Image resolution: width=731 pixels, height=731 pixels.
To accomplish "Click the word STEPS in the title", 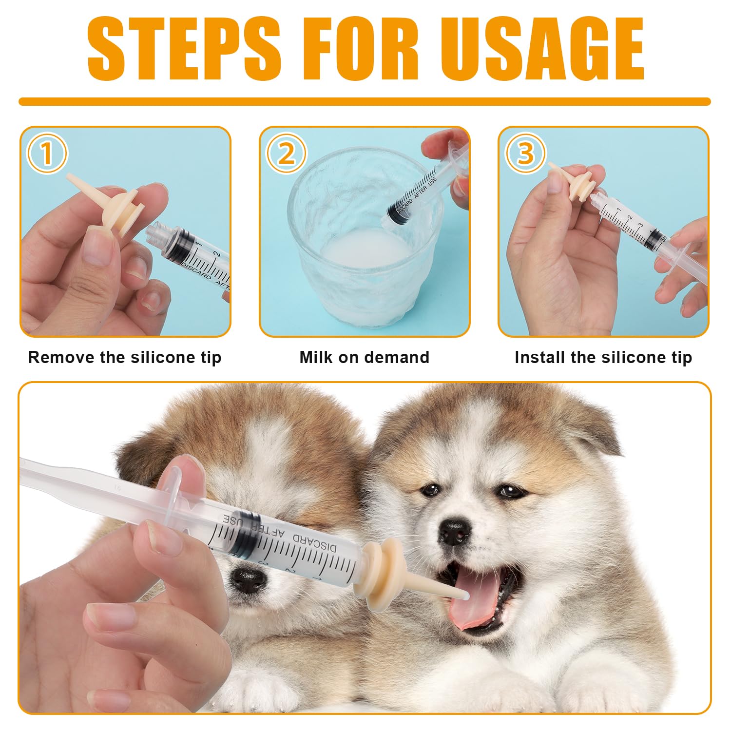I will click(184, 49).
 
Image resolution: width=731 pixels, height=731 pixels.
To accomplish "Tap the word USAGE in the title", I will click(545, 49).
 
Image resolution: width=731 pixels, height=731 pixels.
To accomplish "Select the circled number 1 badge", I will click(46, 154).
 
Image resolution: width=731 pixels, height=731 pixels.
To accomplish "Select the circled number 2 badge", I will click(286, 154).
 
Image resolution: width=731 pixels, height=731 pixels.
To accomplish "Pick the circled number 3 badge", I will click(525, 154).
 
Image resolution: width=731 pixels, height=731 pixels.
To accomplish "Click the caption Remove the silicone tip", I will click(125, 357).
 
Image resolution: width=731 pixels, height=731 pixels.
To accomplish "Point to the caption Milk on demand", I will click(364, 357).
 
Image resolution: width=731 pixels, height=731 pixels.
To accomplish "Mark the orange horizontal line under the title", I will click(365, 101).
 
